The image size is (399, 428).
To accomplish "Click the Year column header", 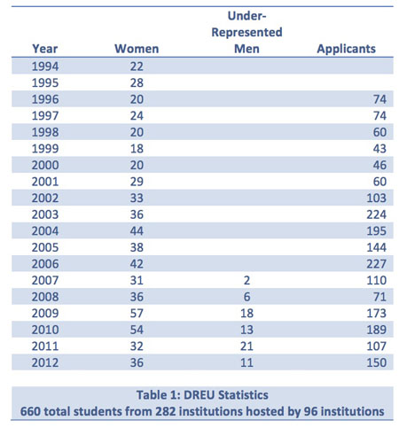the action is point(45,49).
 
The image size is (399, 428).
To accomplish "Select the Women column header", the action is point(137,49).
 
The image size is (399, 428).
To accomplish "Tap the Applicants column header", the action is point(346,49).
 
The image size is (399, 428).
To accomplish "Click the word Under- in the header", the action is point(246,16).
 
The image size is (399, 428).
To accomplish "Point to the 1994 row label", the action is point(45,66).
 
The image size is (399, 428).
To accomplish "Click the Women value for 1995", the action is point(137,82).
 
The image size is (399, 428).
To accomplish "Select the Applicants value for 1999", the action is point(379,149).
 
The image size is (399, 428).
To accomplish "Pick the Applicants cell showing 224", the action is point(376,214).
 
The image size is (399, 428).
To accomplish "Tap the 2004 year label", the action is point(45,231).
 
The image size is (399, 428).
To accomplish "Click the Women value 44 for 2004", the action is point(137,231).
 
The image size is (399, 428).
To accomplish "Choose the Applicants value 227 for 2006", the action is point(376,264).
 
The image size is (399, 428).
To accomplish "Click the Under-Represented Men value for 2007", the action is point(246,280).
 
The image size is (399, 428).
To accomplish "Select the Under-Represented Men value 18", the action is point(246,313).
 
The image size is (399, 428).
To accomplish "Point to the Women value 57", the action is point(137,313).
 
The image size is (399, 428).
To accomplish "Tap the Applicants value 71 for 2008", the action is point(379,297).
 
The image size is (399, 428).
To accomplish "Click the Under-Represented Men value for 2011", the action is point(246,346).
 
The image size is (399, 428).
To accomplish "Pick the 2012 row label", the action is point(45,362).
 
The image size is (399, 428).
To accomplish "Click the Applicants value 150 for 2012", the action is point(376,362).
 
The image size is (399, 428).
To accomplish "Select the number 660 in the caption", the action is point(30,411).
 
